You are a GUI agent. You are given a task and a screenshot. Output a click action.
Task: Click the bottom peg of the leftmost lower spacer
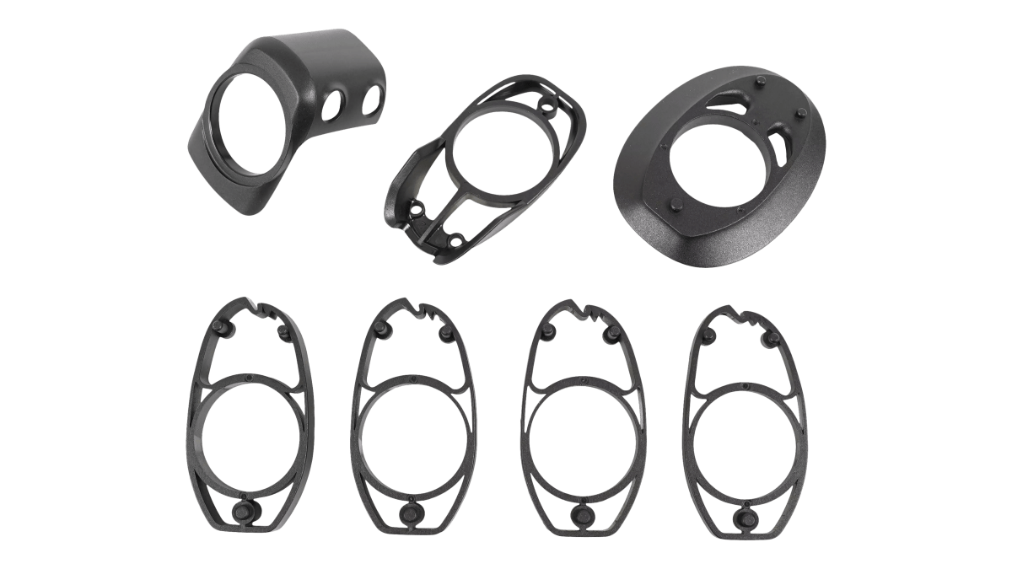(x=245, y=513)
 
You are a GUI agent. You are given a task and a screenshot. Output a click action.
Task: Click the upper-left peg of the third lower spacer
(x=548, y=328)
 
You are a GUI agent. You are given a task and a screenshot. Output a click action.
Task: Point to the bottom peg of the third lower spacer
(x=581, y=513)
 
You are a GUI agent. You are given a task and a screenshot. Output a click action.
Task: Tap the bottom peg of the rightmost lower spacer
(x=744, y=515)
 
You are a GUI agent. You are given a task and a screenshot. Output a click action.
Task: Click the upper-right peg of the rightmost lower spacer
(x=770, y=336)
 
